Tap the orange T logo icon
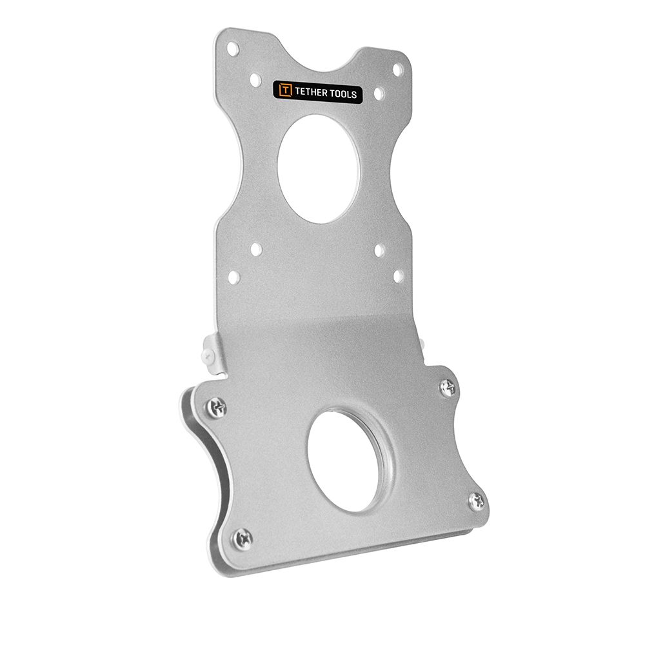pyautogui.click(x=286, y=90)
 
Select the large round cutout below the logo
pyautogui.click(x=319, y=169)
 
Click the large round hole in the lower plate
pyautogui.click(x=346, y=461)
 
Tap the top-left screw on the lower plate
pyautogui.click(x=217, y=408)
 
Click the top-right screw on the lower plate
pyautogui.click(x=448, y=387)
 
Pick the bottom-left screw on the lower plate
pyautogui.click(x=243, y=538)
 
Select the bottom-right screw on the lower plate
pyautogui.click(x=477, y=501)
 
